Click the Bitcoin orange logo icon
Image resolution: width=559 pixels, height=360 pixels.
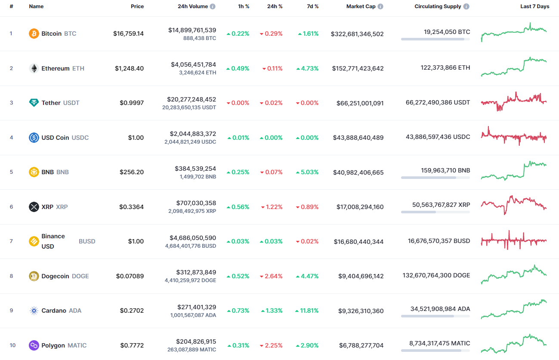[34, 34]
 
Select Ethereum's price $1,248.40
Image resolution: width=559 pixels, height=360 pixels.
[129, 68]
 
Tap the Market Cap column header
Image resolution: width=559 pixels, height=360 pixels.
[361, 6]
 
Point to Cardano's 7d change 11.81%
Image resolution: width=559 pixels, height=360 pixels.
[307, 311]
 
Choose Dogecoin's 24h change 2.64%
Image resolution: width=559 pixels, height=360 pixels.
[271, 276]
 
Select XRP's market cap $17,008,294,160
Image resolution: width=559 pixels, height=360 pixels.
[360, 207]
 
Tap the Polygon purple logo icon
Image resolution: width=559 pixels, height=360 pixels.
[34, 345]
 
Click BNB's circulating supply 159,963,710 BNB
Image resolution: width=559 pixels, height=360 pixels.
[445, 170]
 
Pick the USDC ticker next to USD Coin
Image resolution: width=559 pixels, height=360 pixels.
[80, 138]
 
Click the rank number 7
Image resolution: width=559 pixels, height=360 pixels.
[11, 241]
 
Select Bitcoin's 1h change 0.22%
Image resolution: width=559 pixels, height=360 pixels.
[238, 34]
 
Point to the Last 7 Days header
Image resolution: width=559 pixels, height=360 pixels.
[534, 6]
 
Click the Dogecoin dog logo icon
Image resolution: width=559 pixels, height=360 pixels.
[34, 276]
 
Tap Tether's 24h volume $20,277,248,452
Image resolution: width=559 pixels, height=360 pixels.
[193, 99]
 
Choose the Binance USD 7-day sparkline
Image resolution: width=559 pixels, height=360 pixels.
[514, 240]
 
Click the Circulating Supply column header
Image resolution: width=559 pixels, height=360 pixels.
[438, 6]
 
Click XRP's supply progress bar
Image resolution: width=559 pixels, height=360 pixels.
[435, 212]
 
